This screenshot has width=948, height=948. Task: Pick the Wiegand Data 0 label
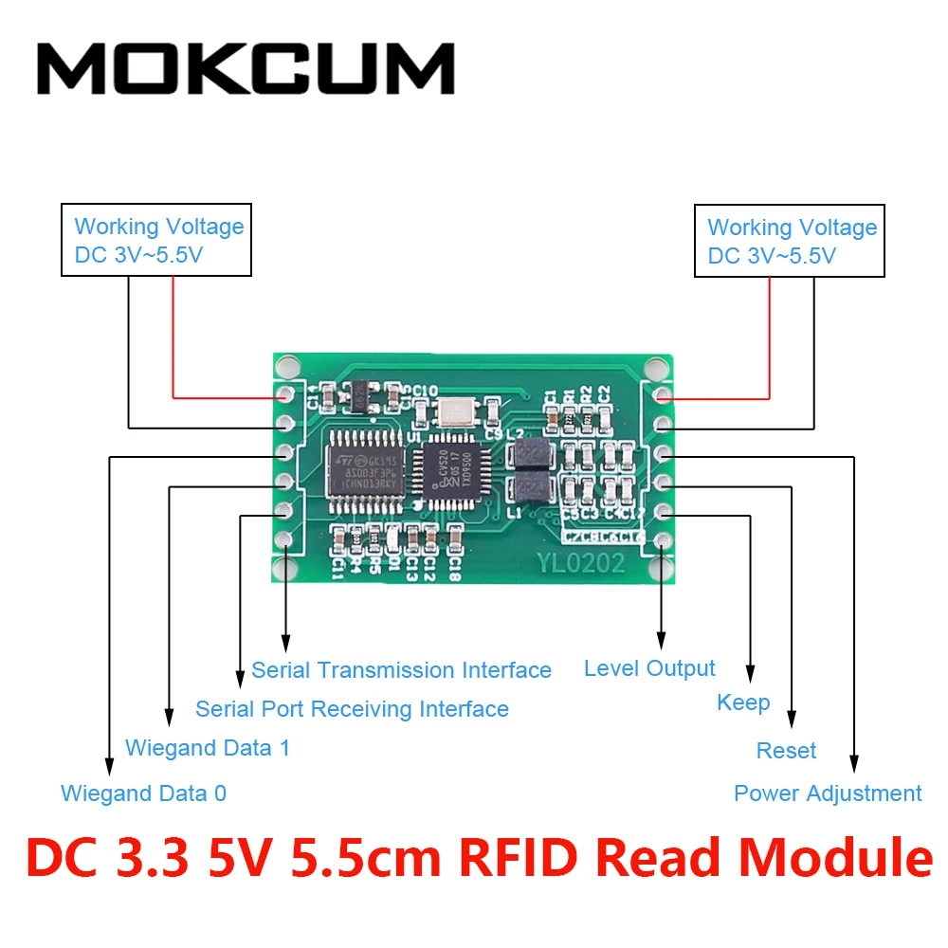click(143, 793)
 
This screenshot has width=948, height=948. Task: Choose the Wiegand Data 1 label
click(208, 748)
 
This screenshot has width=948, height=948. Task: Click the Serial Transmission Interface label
click(401, 670)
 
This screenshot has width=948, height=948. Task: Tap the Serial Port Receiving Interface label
click(352, 709)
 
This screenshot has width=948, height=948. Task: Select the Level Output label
click(649, 668)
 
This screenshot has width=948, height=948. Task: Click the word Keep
click(743, 702)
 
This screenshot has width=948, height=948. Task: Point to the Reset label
click(786, 751)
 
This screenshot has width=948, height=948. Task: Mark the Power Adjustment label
click(828, 793)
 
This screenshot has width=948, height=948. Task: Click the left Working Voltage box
click(156, 240)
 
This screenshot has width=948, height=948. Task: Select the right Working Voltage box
click(790, 241)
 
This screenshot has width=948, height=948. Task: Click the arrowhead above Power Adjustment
click(854, 761)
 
